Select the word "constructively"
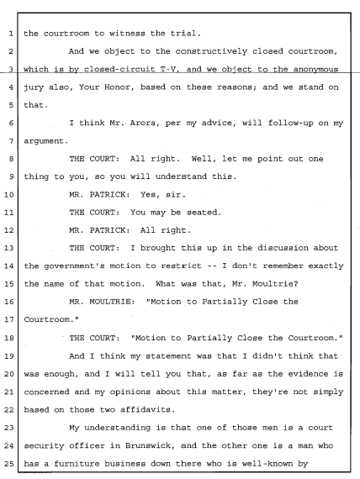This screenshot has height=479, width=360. (211, 51)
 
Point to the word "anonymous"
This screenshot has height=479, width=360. (315, 70)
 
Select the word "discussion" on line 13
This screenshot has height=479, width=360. (283, 248)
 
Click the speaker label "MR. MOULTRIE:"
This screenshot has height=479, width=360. (102, 302)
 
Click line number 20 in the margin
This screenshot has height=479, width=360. (9, 374)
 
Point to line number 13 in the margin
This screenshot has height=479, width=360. (9, 248)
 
